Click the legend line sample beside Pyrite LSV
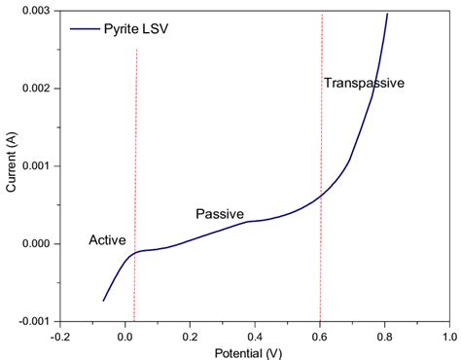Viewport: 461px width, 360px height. [x=85, y=30]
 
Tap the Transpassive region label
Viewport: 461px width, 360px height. [x=363, y=84]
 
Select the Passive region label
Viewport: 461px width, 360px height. [x=220, y=214]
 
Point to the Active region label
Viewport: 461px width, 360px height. [x=107, y=240]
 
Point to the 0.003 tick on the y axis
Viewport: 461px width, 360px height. [x=36, y=11]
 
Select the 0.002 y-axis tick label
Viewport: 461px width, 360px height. [x=36, y=89]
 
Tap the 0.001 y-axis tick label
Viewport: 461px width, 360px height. [x=36, y=166]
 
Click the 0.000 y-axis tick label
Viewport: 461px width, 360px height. [x=36, y=244]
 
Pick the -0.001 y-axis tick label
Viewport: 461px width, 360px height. [x=34, y=321]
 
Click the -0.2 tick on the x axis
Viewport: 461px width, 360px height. [x=59, y=334]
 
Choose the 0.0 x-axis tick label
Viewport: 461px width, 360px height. [x=125, y=334]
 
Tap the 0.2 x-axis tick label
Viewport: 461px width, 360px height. [x=191, y=334]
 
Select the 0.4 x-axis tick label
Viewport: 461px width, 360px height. [x=255, y=334]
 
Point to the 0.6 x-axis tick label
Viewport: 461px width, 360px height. [x=320, y=334]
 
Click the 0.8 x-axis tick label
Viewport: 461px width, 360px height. [x=385, y=334]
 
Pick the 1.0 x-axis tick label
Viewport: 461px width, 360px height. [x=448, y=334]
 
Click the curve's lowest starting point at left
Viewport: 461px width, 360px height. [x=103, y=301]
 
